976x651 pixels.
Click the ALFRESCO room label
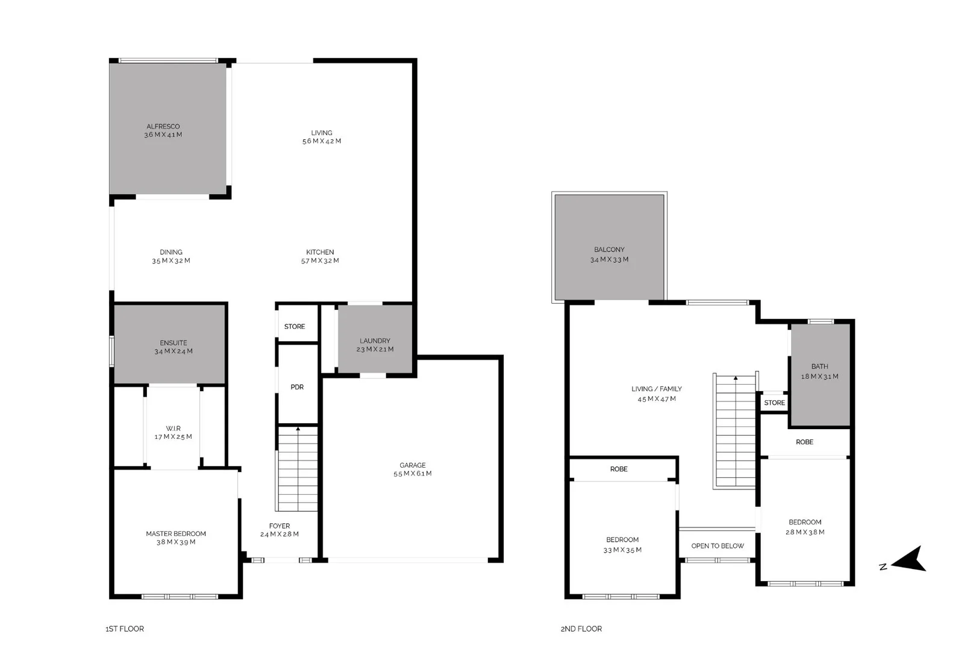point(163,127)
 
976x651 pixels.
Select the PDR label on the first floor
point(297,387)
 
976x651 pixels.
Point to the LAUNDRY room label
point(375,341)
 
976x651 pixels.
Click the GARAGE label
point(413,465)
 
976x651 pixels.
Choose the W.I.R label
point(174,429)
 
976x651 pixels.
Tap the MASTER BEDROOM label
point(176,533)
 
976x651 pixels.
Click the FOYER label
point(280,526)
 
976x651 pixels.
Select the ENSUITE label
point(174,342)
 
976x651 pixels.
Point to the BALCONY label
point(609,250)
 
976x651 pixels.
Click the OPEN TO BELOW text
point(718,546)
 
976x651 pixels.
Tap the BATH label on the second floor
point(819,366)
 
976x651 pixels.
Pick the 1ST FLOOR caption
point(125,629)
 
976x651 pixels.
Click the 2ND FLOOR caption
point(581,629)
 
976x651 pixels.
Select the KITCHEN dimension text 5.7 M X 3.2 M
point(320,261)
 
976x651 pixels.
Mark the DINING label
point(171,252)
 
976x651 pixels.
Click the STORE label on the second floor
point(774,403)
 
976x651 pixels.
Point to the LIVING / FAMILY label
point(657,389)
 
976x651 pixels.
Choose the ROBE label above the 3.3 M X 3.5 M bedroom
point(619,469)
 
